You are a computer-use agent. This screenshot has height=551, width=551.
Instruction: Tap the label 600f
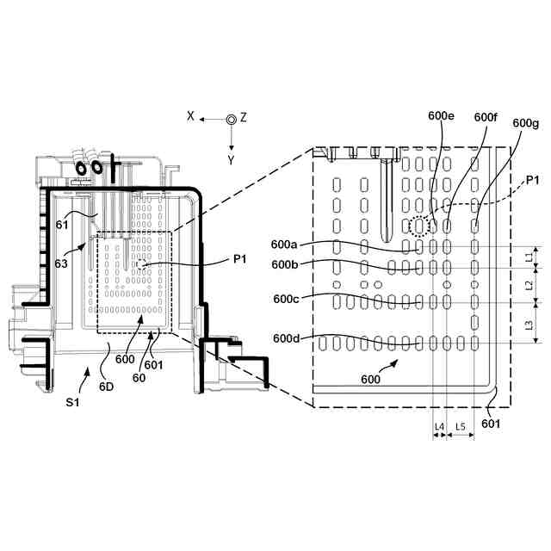pyautogui.click(x=486, y=117)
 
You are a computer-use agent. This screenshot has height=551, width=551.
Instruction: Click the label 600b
pyautogui.click(x=286, y=264)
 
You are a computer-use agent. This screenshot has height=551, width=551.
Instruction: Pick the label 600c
pyautogui.click(x=287, y=299)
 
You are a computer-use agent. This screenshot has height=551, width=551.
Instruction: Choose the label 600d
pyautogui.click(x=287, y=338)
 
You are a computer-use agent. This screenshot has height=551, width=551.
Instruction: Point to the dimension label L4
pyautogui.click(x=438, y=426)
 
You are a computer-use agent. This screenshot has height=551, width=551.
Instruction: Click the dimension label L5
pyautogui.click(x=461, y=426)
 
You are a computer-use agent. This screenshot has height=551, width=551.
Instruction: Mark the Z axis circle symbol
pyautogui.click(x=230, y=120)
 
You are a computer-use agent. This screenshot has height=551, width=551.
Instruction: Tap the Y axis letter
pyautogui.click(x=231, y=160)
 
